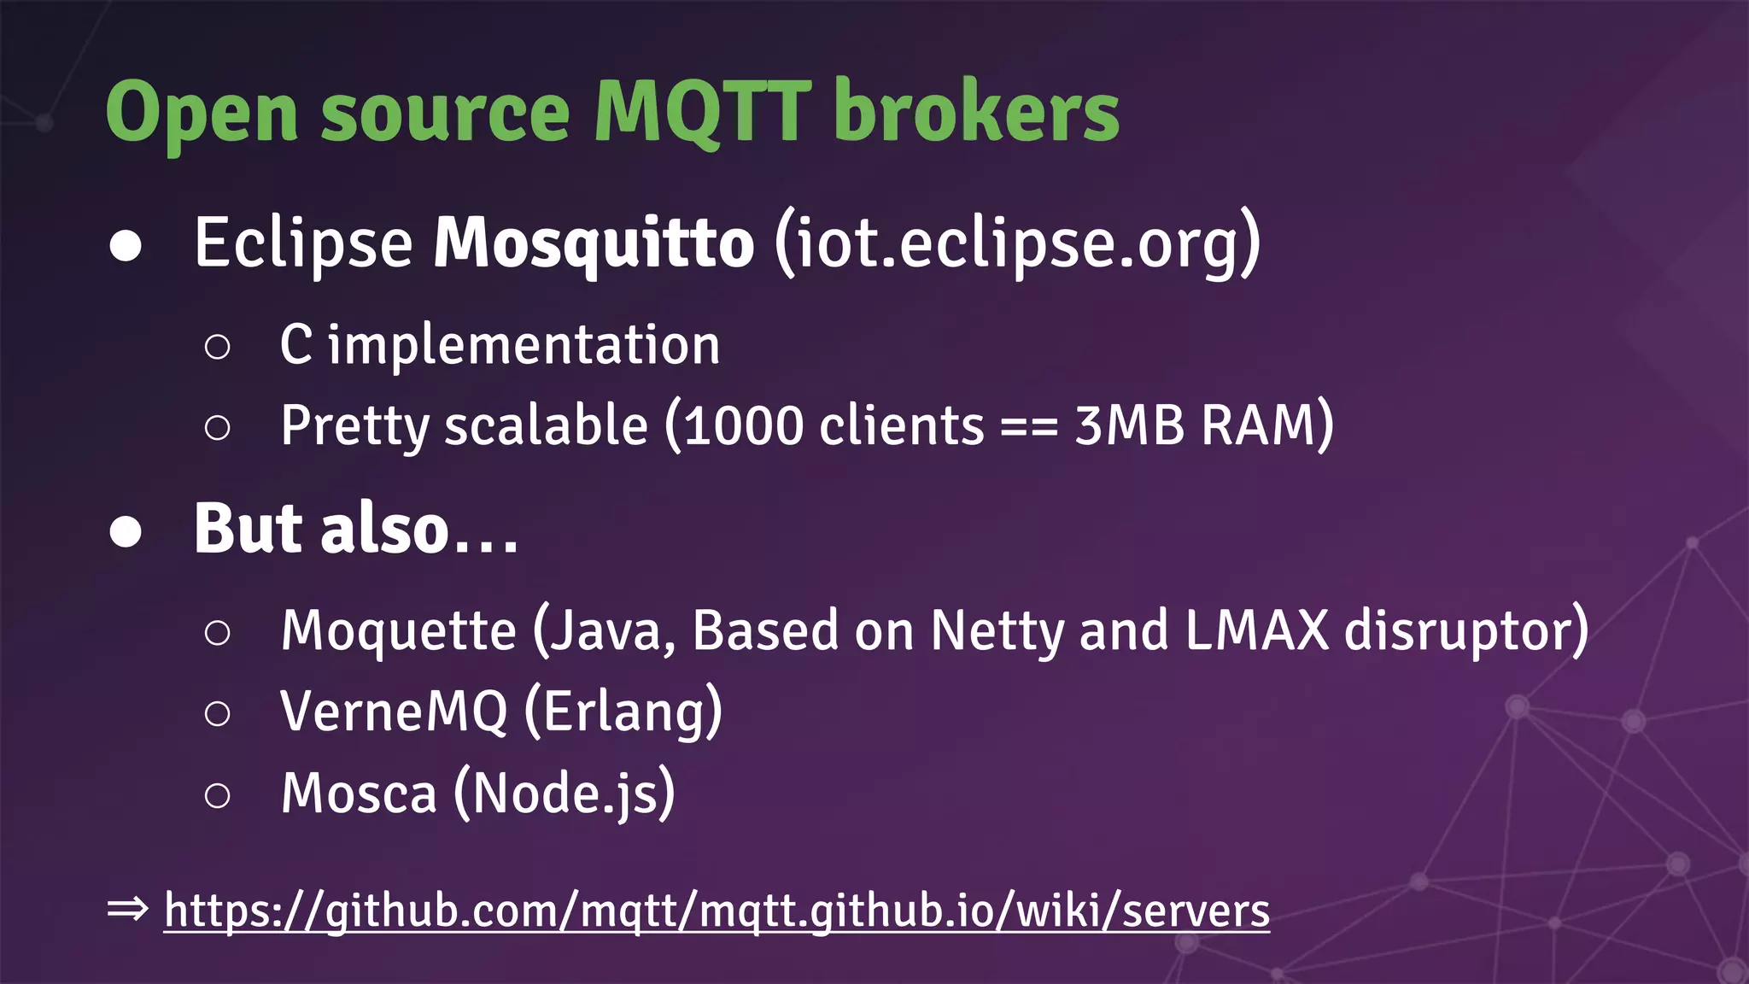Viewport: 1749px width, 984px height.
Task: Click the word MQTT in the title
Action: tap(701, 112)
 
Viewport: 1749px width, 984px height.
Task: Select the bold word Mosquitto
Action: tap(594, 243)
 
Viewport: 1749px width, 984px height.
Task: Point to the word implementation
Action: tap(524, 346)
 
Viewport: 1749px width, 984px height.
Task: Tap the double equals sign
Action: tap(1029, 425)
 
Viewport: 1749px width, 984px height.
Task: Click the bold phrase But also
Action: tap(321, 529)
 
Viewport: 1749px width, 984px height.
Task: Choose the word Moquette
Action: tap(399, 631)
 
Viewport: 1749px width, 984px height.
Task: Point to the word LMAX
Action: tap(1256, 631)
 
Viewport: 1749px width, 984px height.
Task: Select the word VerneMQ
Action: tap(394, 711)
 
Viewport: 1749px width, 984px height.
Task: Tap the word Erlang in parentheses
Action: tap(623, 711)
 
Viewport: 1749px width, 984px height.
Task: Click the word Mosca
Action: tap(359, 794)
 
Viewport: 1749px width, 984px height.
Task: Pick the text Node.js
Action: tap(564, 794)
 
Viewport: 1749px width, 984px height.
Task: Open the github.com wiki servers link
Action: tap(717, 911)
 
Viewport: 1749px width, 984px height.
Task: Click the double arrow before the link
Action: tap(128, 909)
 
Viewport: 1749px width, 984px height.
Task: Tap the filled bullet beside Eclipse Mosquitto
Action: tap(126, 246)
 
